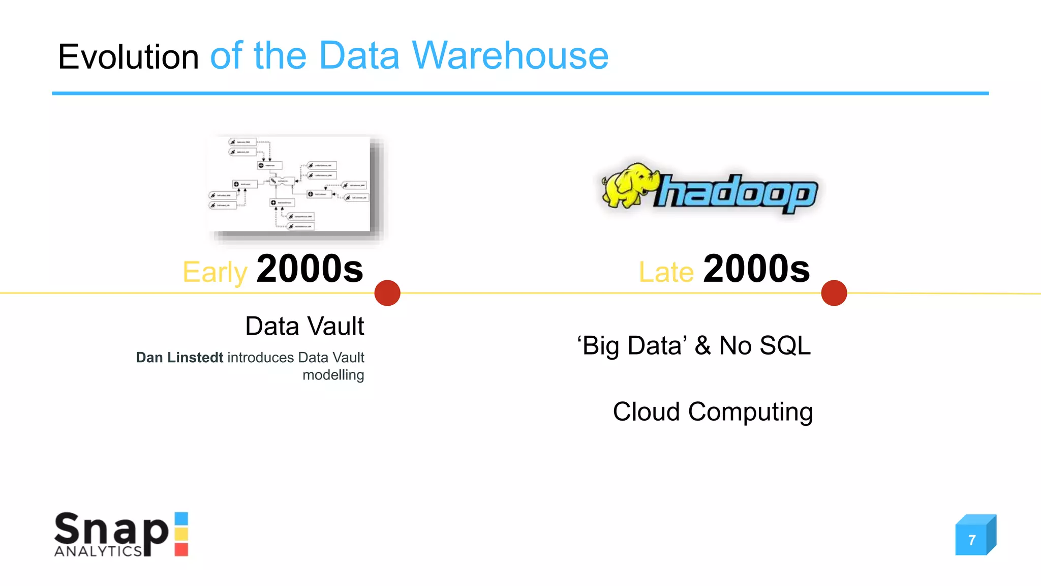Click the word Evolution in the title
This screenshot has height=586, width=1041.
tap(128, 56)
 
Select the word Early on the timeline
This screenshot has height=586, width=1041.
tap(215, 272)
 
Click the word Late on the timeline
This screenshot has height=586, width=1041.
tap(666, 272)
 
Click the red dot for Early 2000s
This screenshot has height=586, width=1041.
tap(387, 293)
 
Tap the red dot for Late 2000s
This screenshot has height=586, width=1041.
tap(834, 293)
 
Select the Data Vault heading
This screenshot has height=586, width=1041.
tap(304, 326)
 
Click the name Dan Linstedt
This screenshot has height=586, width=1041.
tap(179, 358)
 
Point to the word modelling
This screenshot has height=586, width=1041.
tap(333, 375)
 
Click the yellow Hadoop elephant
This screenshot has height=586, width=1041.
tap(629, 185)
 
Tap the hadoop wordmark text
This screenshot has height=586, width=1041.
tap(737, 194)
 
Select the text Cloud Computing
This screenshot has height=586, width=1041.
tap(712, 412)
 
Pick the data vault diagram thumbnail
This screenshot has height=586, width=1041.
tap(295, 187)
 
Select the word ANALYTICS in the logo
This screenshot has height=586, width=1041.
tap(98, 551)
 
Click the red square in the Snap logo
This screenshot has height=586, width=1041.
tap(181, 549)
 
